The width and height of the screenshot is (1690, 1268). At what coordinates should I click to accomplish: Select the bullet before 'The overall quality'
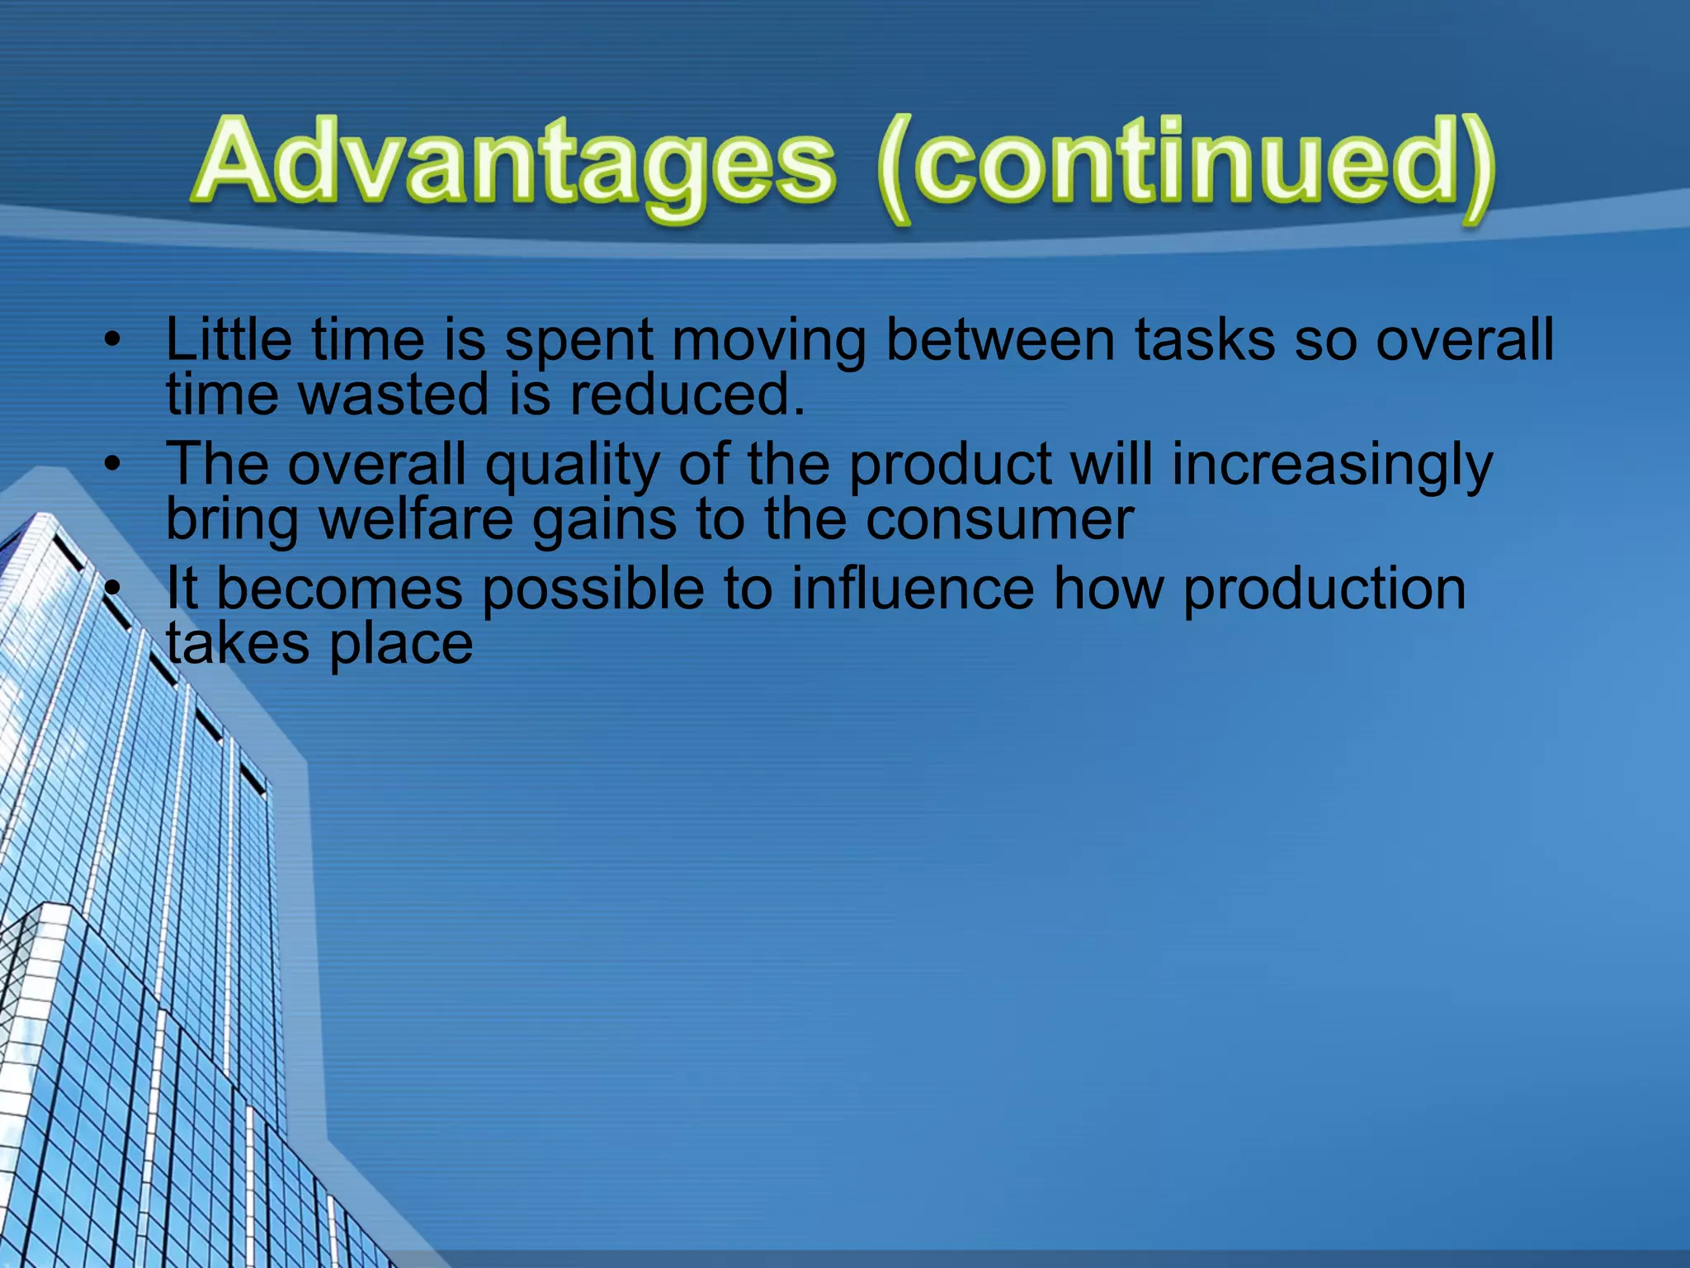pyautogui.click(x=113, y=463)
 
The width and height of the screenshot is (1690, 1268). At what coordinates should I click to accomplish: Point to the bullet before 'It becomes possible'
pyautogui.click(x=113, y=588)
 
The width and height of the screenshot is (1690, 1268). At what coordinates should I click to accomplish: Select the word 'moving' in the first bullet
pyautogui.click(x=768, y=340)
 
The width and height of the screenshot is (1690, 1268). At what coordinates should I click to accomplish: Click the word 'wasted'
pyautogui.click(x=394, y=394)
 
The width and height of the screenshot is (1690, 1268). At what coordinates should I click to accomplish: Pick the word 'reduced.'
pyautogui.click(x=687, y=394)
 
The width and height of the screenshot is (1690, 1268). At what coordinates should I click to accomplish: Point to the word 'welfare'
pyautogui.click(x=416, y=519)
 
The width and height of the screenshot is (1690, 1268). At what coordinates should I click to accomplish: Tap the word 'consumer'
pyautogui.click(x=999, y=519)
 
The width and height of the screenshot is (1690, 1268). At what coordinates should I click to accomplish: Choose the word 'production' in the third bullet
pyautogui.click(x=1324, y=589)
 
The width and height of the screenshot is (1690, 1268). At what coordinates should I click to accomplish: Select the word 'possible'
pyautogui.click(x=592, y=589)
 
